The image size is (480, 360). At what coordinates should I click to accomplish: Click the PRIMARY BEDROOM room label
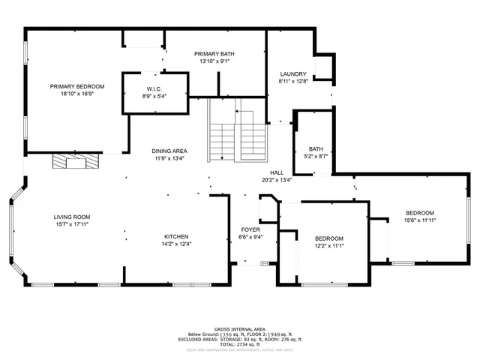click(77, 86)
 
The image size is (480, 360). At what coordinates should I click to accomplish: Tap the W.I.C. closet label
click(155, 89)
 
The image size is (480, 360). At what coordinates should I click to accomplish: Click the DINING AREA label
click(169, 151)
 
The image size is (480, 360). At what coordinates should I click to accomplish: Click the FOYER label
click(250, 229)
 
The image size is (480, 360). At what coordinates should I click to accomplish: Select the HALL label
click(276, 172)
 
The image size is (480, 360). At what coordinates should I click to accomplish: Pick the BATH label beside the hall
click(315, 148)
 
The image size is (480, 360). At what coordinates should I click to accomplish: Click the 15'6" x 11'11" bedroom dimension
click(420, 220)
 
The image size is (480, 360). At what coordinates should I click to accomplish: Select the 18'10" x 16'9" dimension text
click(77, 94)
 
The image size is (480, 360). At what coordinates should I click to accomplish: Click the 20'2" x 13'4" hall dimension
click(276, 180)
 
